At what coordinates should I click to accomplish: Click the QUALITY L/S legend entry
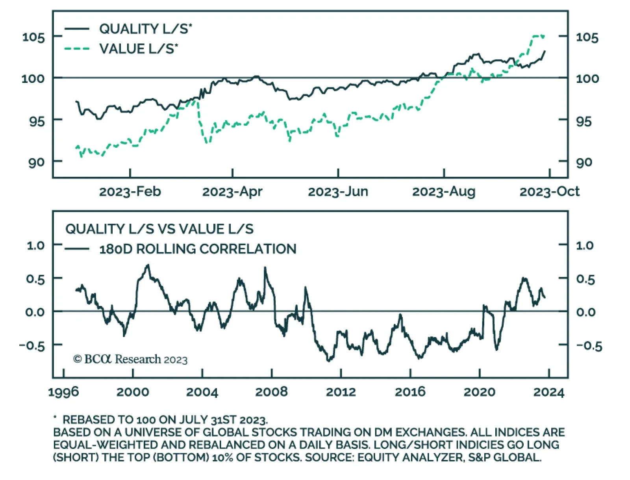145,29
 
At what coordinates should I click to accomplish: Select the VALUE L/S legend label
138,49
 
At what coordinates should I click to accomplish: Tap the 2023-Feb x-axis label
130,191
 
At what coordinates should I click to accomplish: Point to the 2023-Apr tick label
232,191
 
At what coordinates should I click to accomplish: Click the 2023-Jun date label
338,191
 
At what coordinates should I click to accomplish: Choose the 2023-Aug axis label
444,191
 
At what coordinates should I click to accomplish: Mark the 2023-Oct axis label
549,191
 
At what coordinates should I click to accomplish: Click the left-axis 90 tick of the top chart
36,162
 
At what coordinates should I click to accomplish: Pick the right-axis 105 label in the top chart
587,37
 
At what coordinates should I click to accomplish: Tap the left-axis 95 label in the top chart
37,121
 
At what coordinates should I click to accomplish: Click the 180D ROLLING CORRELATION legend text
198,249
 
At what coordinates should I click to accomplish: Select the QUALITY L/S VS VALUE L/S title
159,229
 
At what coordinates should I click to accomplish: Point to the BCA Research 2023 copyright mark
130,359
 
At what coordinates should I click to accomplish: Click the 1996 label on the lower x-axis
63,392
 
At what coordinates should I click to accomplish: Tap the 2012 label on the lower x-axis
341,392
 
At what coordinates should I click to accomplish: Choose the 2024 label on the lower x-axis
548,392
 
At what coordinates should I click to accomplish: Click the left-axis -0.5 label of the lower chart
32,346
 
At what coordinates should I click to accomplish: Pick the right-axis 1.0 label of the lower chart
585,245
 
